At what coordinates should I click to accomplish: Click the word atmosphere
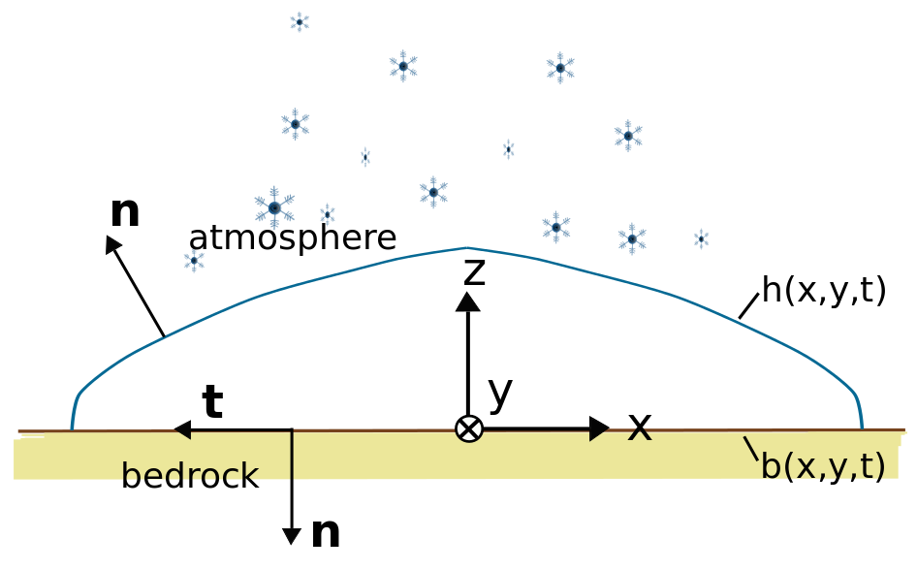292,238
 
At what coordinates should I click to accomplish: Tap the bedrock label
190,476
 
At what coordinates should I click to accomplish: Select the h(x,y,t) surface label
824,290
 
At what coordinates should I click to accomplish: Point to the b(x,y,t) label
823,466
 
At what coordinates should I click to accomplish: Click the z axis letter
474,272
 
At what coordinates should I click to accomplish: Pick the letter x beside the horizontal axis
640,427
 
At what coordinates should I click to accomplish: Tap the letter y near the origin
500,392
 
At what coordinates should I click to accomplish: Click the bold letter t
212,402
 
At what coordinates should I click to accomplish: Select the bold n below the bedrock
326,532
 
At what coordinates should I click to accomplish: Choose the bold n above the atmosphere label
125,212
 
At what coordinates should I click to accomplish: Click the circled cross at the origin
469,428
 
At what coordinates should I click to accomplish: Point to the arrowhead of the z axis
468,301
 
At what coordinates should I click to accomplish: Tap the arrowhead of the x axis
599,428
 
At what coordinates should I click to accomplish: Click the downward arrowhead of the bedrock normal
292,536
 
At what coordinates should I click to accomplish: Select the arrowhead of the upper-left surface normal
113,243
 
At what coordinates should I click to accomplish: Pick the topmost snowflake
300,21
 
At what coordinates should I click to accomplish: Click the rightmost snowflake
701,238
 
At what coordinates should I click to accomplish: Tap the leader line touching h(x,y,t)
748,305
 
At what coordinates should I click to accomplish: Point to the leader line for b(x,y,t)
751,448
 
